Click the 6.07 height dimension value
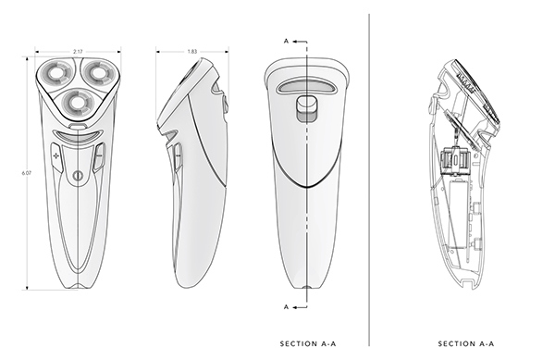(x=27, y=169)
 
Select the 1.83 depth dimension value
(x=192, y=50)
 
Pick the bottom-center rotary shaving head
(x=74, y=101)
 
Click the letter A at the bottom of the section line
(x=286, y=305)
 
